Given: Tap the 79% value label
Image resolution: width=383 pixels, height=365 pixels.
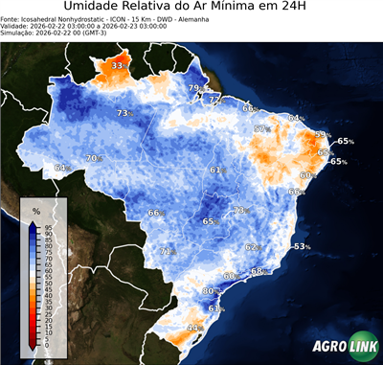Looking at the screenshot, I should (195, 89).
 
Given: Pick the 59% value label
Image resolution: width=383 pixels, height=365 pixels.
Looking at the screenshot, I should (323, 135).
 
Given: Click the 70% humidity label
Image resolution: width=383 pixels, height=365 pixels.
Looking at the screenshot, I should (94, 158).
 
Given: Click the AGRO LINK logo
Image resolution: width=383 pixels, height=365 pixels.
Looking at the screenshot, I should (339, 348).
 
